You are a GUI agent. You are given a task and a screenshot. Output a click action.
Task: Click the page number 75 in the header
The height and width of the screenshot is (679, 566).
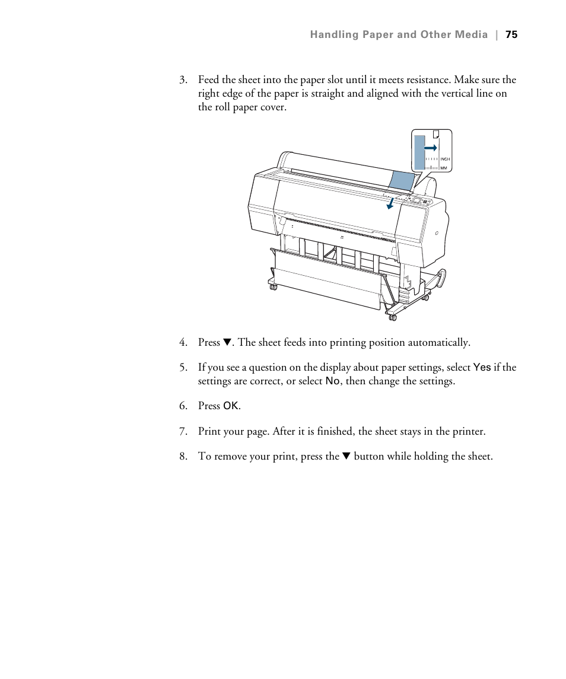click(x=511, y=35)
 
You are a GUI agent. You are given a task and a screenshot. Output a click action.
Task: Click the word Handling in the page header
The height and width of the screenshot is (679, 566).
click(x=333, y=35)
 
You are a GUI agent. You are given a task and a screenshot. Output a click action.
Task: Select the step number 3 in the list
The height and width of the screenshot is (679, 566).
click(x=183, y=80)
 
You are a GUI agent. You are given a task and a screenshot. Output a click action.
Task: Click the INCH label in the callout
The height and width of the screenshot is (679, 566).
click(x=445, y=159)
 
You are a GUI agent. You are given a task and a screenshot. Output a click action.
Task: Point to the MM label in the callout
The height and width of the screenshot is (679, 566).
click(x=443, y=168)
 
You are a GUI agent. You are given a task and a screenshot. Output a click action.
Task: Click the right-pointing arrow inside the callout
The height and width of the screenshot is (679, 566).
click(x=431, y=147)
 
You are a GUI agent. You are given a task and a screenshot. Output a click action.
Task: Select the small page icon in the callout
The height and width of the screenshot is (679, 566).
click(x=437, y=135)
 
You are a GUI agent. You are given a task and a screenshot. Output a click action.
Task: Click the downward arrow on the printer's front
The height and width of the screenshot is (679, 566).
click(x=390, y=203)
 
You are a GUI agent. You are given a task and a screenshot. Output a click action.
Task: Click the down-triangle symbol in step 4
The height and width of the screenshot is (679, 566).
click(x=226, y=343)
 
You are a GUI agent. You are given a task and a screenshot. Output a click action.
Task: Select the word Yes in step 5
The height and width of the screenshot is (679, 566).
click(x=482, y=368)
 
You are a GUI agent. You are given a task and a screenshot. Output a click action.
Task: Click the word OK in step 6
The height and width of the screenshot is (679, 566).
click(x=231, y=406)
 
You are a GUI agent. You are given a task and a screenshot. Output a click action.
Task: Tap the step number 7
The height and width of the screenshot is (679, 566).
click(x=183, y=432)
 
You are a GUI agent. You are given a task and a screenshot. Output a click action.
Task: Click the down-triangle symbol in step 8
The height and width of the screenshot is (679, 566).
click(x=346, y=457)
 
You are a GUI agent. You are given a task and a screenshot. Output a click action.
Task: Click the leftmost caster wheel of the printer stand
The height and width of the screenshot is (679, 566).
click(x=274, y=287)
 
